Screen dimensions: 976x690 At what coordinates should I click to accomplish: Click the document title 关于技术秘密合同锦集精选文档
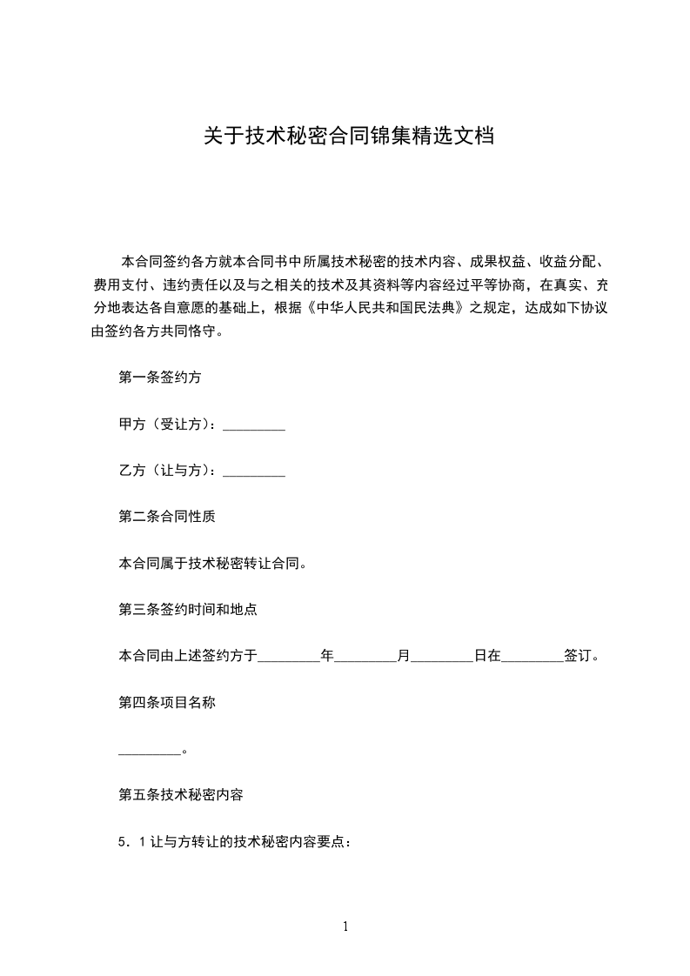click(349, 137)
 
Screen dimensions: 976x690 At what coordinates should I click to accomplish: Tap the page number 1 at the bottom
click(345, 927)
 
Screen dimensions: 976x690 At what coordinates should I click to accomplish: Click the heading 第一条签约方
click(161, 378)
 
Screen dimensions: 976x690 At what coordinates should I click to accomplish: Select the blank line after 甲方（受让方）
click(254, 426)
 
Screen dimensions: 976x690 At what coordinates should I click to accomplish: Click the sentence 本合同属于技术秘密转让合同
click(211, 563)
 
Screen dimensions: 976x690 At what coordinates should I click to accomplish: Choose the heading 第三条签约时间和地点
click(187, 610)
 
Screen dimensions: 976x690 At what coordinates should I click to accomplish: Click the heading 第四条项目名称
click(167, 703)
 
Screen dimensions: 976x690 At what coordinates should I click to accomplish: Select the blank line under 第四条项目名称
click(148, 751)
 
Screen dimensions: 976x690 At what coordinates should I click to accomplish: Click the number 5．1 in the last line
click(131, 842)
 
